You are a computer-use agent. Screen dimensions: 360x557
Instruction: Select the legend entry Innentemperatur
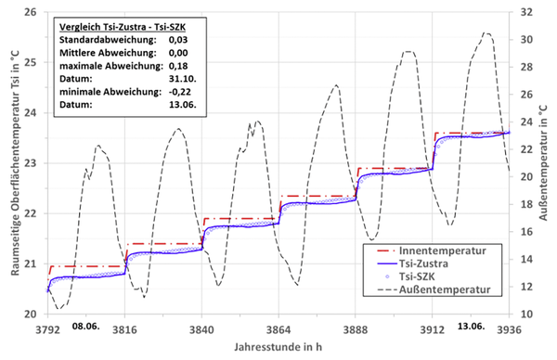[446, 250]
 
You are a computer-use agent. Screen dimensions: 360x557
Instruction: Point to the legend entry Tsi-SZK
[429, 276]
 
